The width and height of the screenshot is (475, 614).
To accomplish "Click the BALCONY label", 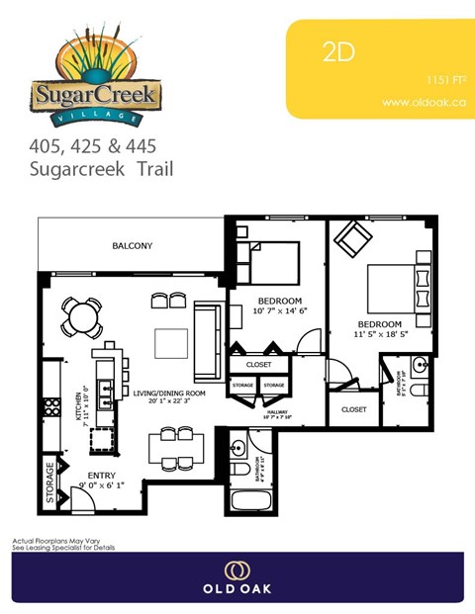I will coord(132,245).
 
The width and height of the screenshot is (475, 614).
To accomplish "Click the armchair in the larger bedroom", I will coord(351,239).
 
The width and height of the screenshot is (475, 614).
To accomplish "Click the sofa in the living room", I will coord(208,342).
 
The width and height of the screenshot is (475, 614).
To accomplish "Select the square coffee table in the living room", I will coord(170,343).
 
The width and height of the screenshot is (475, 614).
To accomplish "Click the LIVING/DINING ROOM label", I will coord(170,394).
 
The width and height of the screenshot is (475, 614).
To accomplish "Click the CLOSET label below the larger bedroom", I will coord(353,409).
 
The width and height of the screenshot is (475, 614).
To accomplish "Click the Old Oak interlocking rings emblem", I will coord(237,570).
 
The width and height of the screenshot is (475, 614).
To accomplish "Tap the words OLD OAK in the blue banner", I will coord(237,589).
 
